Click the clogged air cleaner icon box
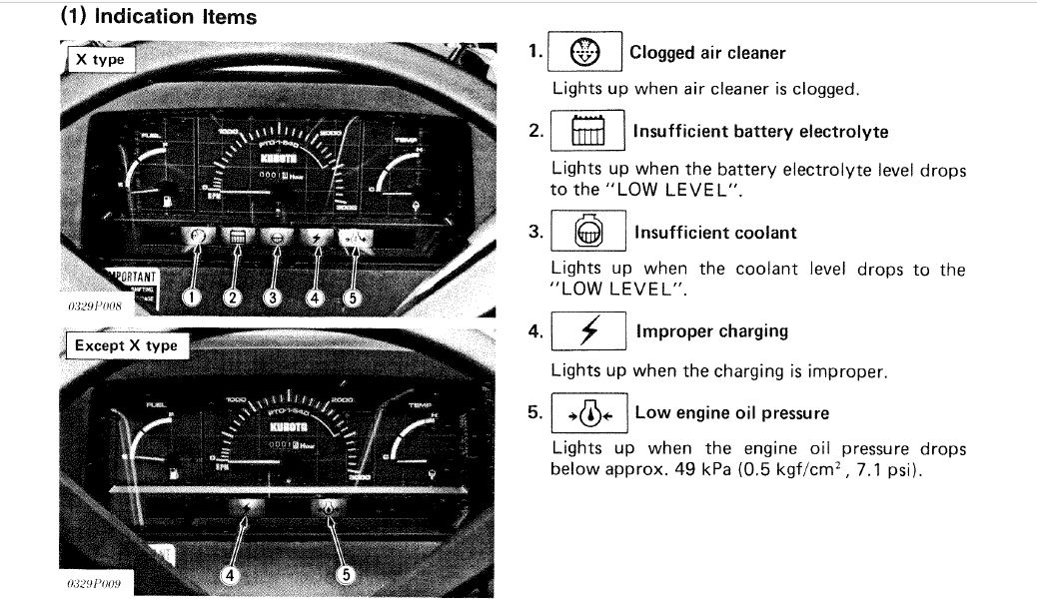pyautogui.click(x=586, y=53)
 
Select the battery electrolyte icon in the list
pyautogui.click(x=587, y=131)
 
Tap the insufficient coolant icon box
pyautogui.click(x=589, y=233)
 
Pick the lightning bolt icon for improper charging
pyautogui.click(x=589, y=331)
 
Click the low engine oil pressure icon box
pyautogui.click(x=589, y=412)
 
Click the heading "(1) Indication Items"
pyautogui.click(x=159, y=16)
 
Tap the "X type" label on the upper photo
pyautogui.click(x=100, y=59)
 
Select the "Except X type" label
pyautogui.click(x=126, y=345)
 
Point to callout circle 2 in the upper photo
pyautogui.click(x=233, y=297)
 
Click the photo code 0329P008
pyautogui.click(x=94, y=306)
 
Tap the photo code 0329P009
pyautogui.click(x=94, y=582)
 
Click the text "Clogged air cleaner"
pyautogui.click(x=707, y=53)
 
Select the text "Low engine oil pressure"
pyautogui.click(x=731, y=412)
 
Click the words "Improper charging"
pyautogui.click(x=711, y=331)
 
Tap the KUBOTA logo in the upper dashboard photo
pyautogui.click(x=277, y=159)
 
